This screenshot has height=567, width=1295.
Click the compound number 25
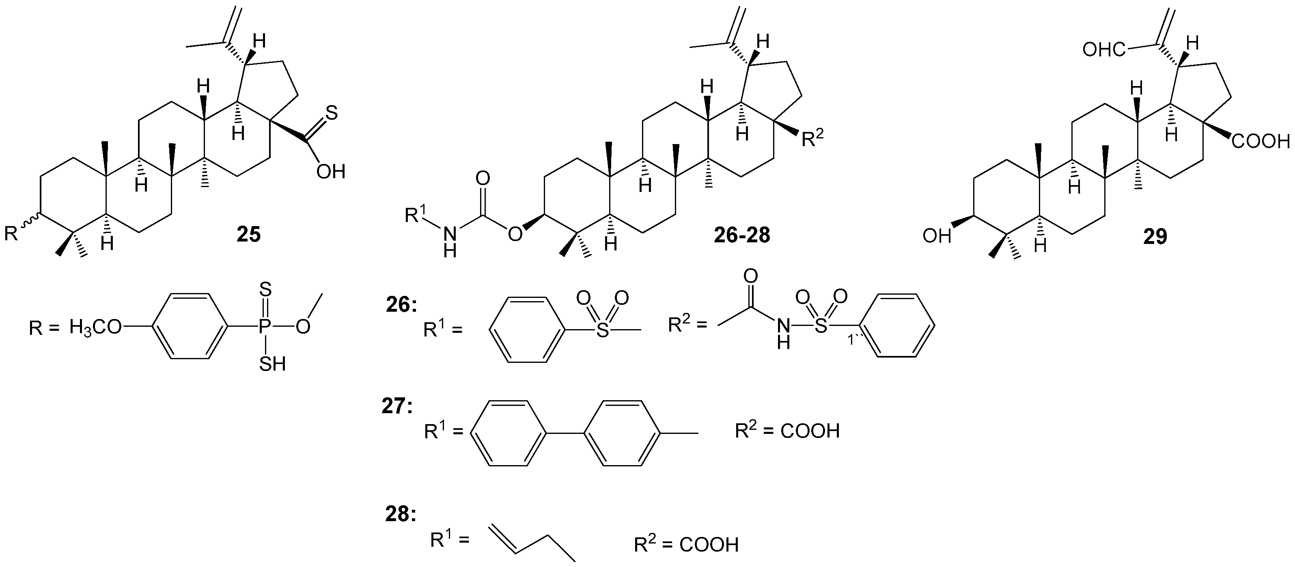[249, 234]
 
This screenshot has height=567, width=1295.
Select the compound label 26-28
[741, 235]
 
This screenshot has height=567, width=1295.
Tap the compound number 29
[1155, 236]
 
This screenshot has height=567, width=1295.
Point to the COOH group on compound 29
[1261, 142]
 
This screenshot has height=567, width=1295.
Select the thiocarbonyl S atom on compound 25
[331, 113]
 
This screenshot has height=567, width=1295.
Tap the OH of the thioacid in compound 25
[330, 172]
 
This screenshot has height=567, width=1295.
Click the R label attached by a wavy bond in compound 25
[11, 234]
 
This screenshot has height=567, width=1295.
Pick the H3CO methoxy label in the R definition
[95, 328]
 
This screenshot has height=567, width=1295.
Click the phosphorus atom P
[265, 327]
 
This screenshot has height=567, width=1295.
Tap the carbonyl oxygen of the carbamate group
[483, 179]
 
